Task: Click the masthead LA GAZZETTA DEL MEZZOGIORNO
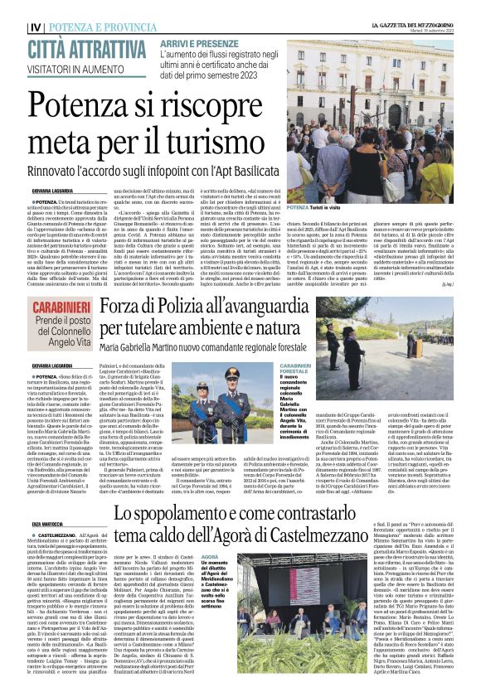tap(413, 26)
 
